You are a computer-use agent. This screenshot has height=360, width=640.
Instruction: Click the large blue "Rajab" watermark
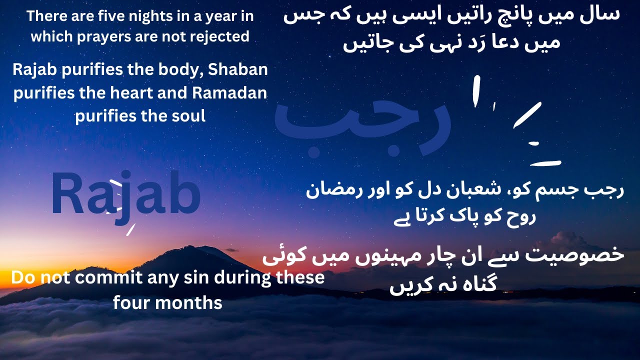pos(125,195)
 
